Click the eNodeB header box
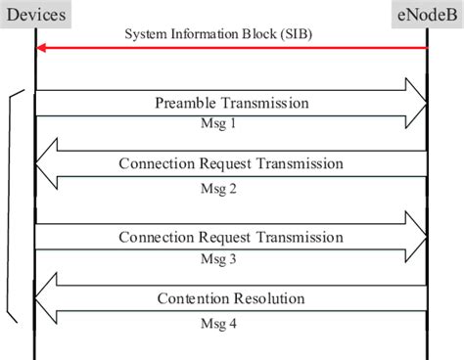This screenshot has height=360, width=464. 426,16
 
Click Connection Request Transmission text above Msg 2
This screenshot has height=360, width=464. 231,163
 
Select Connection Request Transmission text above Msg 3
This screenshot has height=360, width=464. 231,237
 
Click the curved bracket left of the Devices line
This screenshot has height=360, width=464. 11,205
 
